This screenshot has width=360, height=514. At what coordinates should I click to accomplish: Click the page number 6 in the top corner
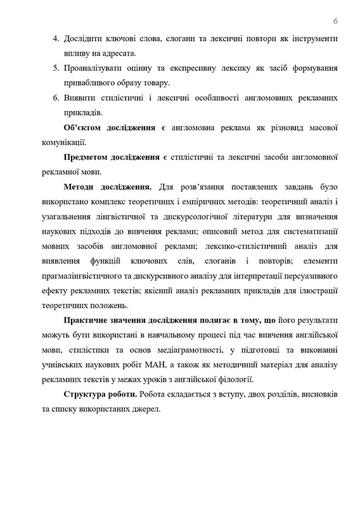[x=335, y=20]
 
